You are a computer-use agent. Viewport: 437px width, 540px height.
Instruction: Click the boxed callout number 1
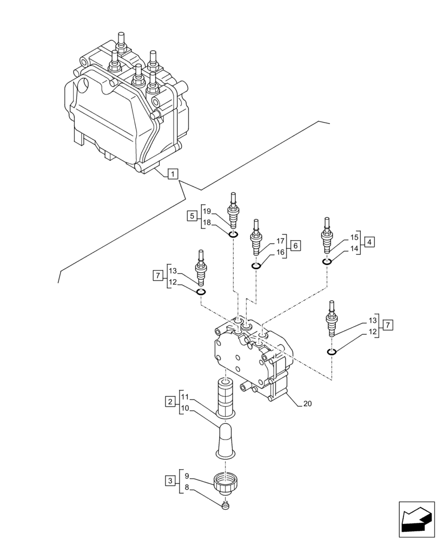point(171,174)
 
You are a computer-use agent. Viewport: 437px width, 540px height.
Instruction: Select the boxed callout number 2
point(170,402)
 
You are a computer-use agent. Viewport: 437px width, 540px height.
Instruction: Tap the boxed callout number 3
point(170,480)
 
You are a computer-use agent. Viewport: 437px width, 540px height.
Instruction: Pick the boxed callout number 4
point(368,242)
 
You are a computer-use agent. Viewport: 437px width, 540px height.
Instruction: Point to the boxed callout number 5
point(192,217)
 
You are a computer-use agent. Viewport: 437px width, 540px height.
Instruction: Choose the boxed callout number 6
point(295,246)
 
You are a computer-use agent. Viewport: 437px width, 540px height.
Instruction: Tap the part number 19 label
point(207,211)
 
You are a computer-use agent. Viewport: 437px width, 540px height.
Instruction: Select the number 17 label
point(280,241)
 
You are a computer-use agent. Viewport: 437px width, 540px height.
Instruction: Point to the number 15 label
point(354,237)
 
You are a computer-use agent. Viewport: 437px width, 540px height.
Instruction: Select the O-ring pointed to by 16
point(256,266)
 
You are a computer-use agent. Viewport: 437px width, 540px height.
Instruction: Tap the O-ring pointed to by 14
point(327,261)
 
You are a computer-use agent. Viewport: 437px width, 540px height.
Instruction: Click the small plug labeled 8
point(227,506)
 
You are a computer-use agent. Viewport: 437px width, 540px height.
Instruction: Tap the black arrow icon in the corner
point(416,519)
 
